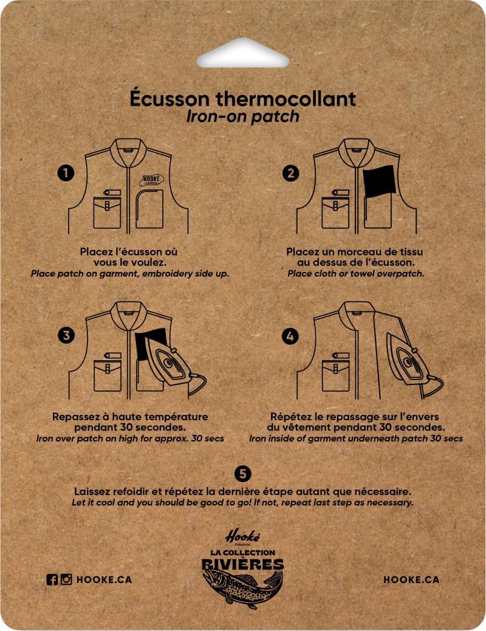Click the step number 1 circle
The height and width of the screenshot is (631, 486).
pos(66,173)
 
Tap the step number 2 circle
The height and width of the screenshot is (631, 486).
pos(290,174)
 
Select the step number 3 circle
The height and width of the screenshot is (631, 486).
pos(66,335)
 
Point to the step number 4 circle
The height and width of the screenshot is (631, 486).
pos(290,336)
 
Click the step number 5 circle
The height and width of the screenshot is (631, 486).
pos(242,474)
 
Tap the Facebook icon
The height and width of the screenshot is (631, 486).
pos(52,579)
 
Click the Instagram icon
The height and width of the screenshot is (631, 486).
pos(66,579)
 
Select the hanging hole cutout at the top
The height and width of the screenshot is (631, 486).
pos(243,53)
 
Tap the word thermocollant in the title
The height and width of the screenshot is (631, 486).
pos(286,98)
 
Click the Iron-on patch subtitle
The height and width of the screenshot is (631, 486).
pos(243,116)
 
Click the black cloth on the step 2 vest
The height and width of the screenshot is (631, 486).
pos(379,181)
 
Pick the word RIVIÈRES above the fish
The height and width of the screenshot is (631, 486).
pos(243,564)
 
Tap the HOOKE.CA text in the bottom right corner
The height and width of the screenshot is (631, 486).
pos(411,580)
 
